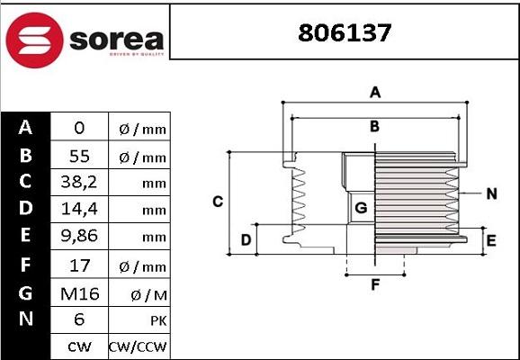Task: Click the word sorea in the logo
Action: (x=114, y=40)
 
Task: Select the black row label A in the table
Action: (x=25, y=128)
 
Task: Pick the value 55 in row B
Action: (x=79, y=156)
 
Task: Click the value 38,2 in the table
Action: (x=79, y=183)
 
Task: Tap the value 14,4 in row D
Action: (x=79, y=210)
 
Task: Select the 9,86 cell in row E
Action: (x=79, y=237)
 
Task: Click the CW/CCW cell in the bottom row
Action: (x=138, y=346)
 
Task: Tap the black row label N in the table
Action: (x=25, y=319)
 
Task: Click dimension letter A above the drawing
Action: (x=376, y=92)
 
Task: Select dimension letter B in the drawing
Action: (x=375, y=126)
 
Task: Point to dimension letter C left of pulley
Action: (x=217, y=202)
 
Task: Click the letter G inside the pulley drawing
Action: (x=361, y=209)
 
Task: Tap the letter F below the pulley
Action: (x=376, y=285)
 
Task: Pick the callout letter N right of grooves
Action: (x=491, y=193)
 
